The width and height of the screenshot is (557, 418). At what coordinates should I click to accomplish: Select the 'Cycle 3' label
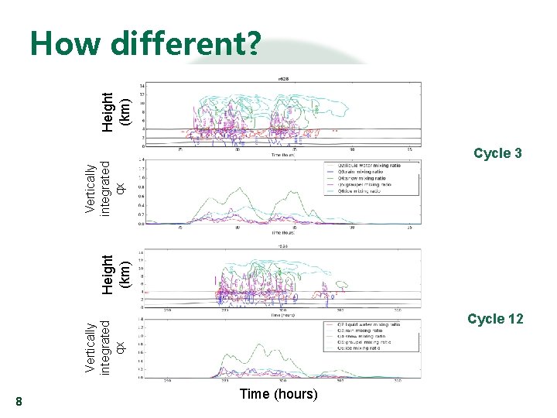[x=497, y=153]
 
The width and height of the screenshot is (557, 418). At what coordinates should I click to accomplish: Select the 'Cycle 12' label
[x=495, y=319]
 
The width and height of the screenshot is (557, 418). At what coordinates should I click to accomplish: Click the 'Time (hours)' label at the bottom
[x=278, y=394]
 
